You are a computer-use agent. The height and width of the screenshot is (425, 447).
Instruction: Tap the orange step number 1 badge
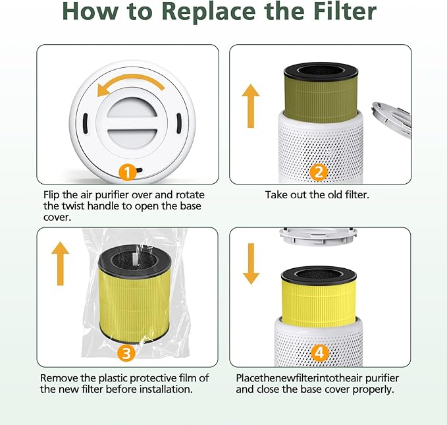point(129,173)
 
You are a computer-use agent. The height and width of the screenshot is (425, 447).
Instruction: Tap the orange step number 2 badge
point(319,172)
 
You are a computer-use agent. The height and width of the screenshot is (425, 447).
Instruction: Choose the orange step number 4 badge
point(319,353)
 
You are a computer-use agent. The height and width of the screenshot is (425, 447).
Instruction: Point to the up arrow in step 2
point(251,105)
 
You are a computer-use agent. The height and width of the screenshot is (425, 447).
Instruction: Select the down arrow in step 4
point(251,264)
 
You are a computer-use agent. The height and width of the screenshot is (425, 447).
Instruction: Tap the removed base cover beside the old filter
point(392,119)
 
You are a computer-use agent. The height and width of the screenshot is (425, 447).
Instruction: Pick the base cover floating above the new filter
point(319,236)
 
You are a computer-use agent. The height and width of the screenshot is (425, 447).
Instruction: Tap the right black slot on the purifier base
point(178,123)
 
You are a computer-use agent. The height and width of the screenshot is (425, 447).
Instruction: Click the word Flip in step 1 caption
point(52,195)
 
